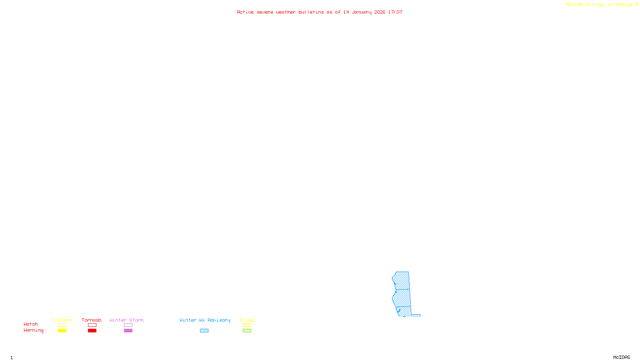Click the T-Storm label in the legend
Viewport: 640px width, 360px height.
tap(62, 320)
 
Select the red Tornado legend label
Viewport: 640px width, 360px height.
tap(92, 320)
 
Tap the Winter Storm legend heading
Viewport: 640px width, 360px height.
tap(126, 320)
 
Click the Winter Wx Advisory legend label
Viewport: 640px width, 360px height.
tap(205, 320)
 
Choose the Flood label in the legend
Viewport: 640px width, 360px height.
tap(247, 320)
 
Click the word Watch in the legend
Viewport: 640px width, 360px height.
tap(31, 324)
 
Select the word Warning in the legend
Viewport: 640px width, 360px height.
tap(33, 330)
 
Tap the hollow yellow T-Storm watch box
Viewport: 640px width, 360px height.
tap(62, 325)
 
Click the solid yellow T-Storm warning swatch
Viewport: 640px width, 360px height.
tap(62, 331)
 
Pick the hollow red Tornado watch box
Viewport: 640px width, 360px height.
tap(92, 325)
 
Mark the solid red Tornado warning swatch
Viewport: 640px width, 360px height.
tap(92, 331)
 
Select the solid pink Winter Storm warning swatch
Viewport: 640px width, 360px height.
tap(128, 331)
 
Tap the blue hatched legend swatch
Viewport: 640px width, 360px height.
tap(204, 331)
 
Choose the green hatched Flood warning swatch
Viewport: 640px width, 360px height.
tap(247, 331)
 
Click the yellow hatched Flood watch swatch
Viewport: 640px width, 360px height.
tap(247, 325)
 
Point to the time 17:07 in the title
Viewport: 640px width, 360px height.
tap(395, 12)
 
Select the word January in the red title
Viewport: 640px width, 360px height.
tap(362, 12)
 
